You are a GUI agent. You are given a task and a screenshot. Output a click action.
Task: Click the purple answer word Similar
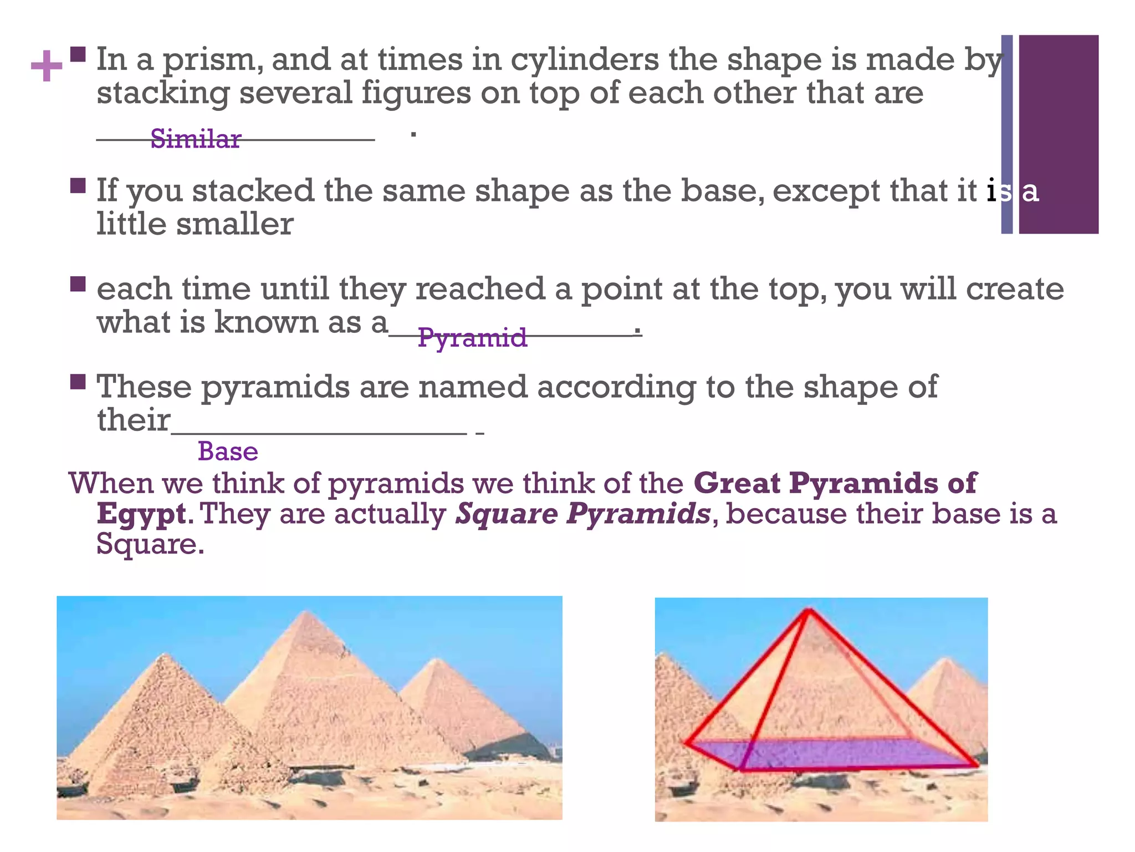196,139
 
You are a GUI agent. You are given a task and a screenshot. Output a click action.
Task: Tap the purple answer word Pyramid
472,337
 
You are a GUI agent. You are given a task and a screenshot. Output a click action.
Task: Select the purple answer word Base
228,452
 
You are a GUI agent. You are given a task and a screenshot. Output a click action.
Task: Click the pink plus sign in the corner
47,66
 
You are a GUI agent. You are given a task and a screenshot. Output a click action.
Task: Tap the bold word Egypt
141,514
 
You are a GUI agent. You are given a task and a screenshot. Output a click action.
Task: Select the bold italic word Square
506,514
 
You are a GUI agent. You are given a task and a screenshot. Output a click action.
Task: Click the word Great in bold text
737,483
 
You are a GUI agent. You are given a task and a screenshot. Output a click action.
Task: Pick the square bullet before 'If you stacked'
78,185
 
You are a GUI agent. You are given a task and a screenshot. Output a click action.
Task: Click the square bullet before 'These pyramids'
78,382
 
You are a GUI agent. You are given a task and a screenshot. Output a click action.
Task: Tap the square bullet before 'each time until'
78,284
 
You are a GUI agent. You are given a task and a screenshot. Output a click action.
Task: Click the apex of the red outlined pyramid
809,610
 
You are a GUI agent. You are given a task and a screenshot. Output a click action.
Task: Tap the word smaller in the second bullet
234,225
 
